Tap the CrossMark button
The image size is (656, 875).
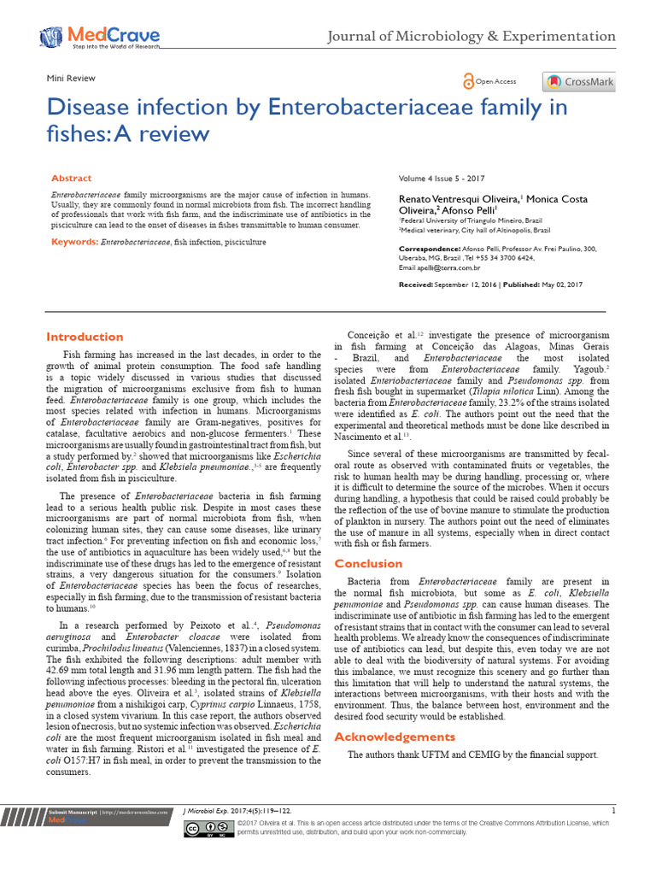578,82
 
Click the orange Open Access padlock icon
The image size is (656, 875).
468,81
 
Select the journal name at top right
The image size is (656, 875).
472,36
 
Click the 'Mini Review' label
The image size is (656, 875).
71,78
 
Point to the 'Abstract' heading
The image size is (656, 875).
72,178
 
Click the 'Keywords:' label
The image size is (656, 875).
74,243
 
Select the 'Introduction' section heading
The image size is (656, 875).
85,337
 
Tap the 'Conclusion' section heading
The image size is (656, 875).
368,563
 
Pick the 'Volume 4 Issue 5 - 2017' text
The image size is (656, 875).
442,179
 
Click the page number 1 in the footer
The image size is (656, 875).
613,810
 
